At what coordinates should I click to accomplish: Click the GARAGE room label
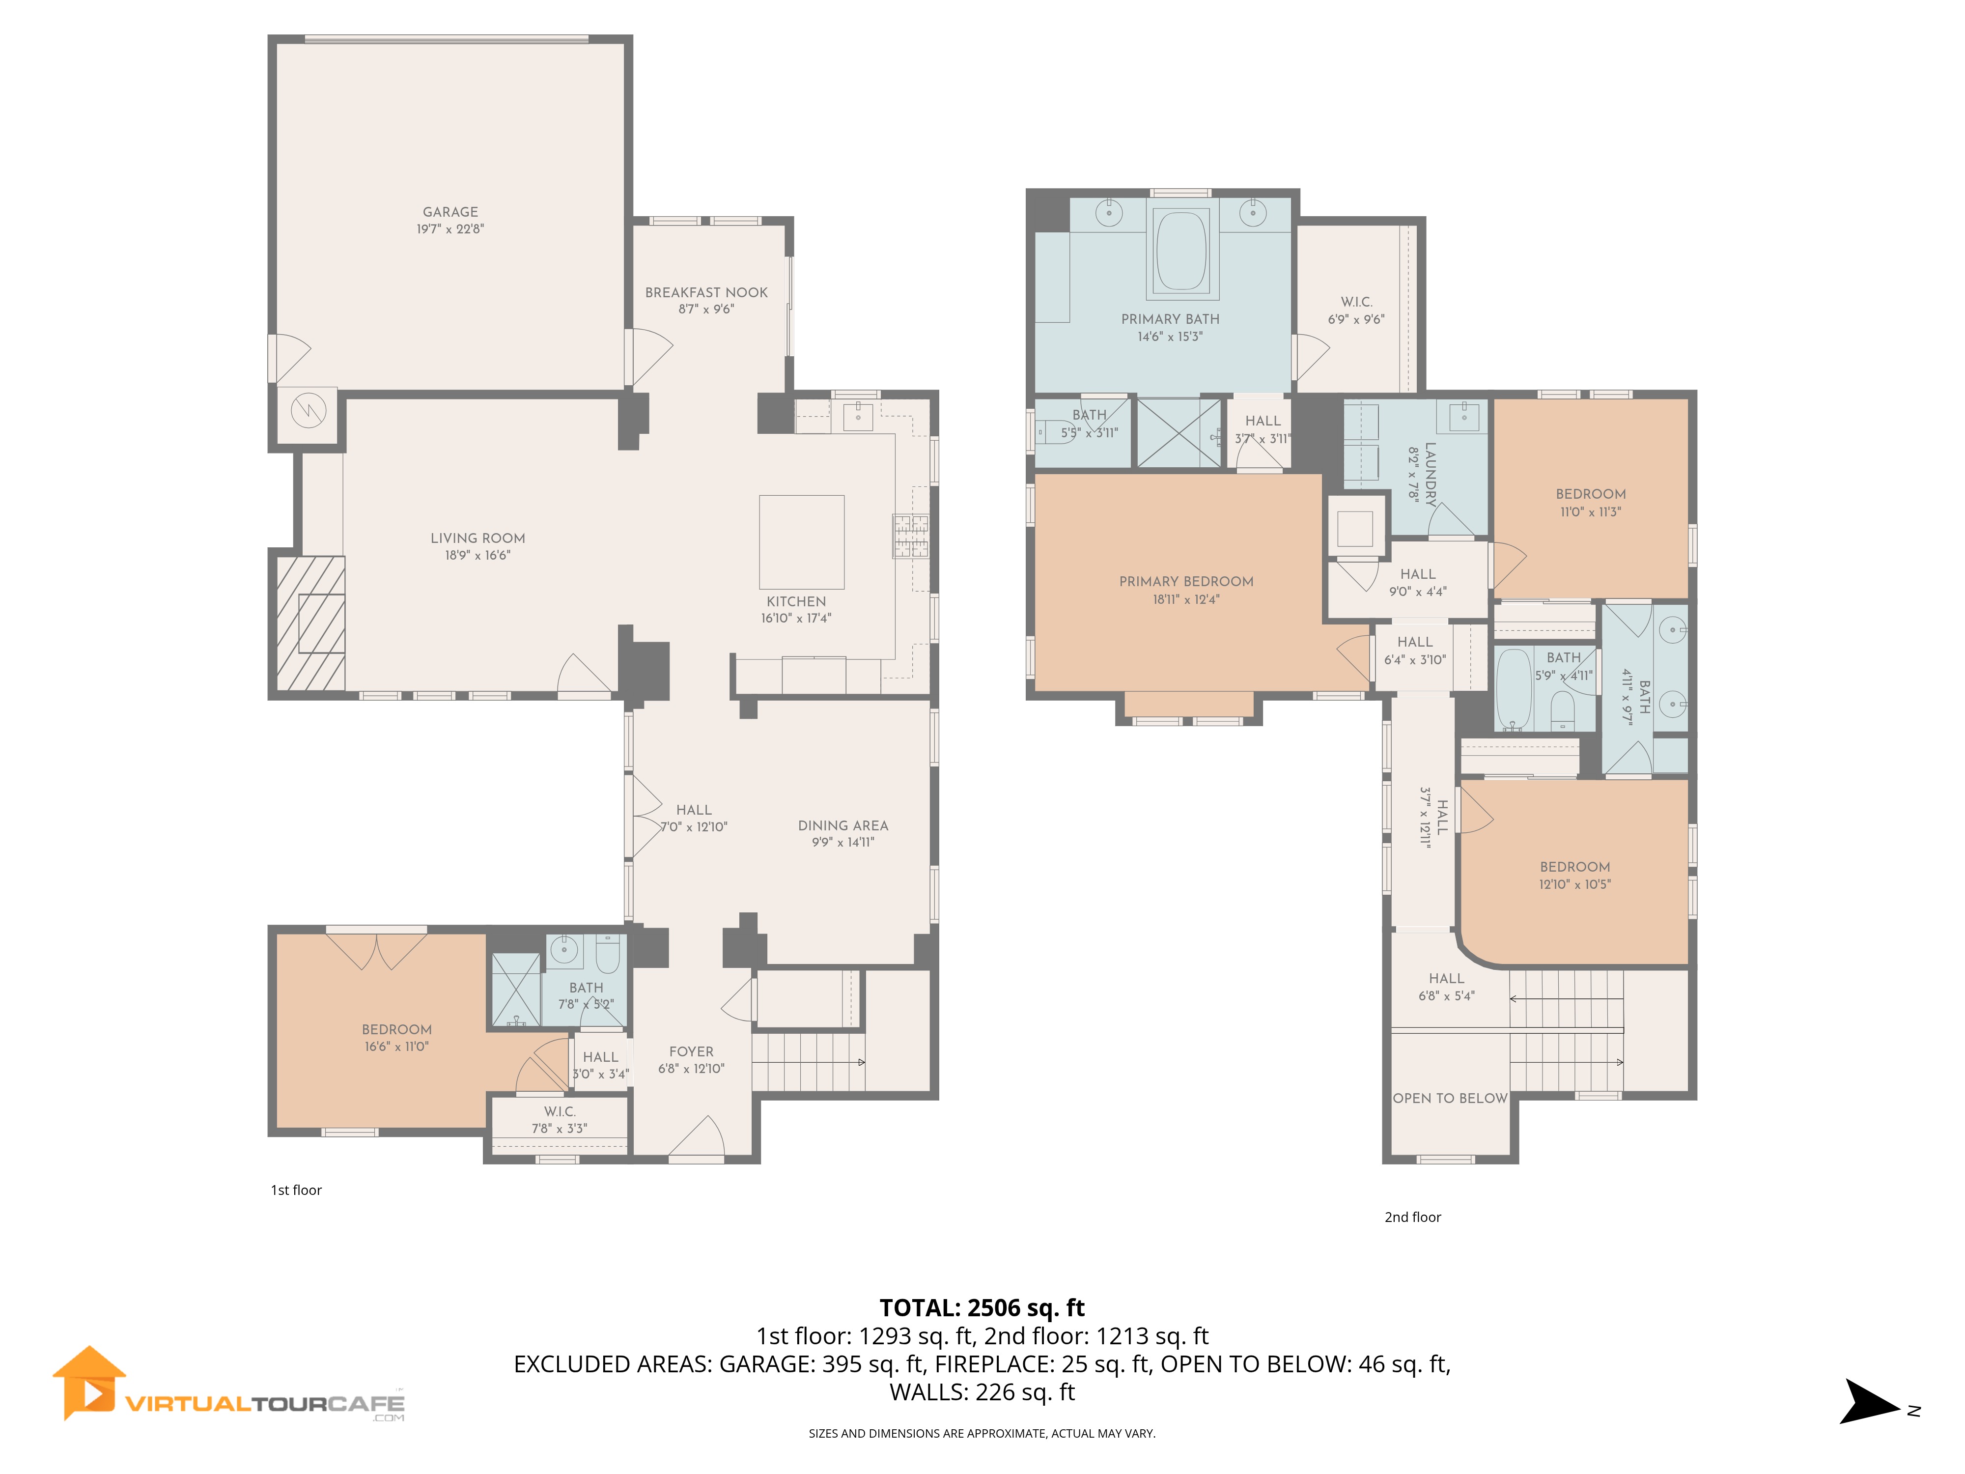click(450, 211)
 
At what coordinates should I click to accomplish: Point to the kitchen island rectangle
click(801, 542)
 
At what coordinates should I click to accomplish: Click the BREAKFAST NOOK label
click(706, 292)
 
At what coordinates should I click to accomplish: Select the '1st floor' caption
click(296, 1190)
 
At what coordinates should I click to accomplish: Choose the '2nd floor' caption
click(1412, 1217)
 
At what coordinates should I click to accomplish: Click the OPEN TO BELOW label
click(1450, 1098)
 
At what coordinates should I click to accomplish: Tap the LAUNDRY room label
click(1430, 475)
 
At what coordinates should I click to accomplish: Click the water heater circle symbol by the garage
click(308, 410)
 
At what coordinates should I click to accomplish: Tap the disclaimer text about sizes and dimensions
click(982, 1433)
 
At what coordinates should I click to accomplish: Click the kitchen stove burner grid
click(911, 536)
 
